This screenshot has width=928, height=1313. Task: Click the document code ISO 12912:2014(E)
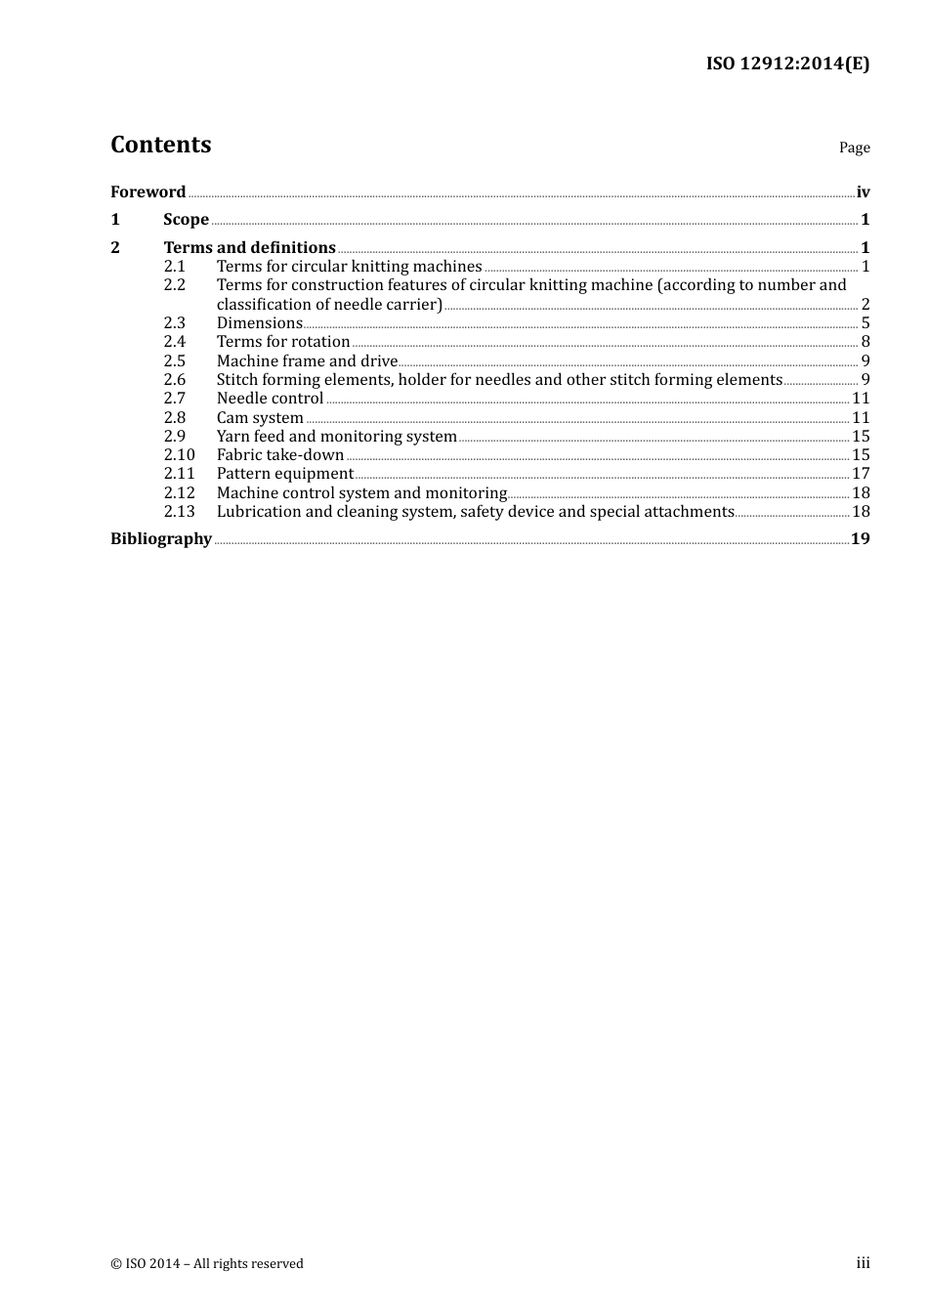[x=787, y=64]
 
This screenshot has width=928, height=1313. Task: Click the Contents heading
[x=160, y=145]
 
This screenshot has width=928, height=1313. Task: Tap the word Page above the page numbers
[x=854, y=148]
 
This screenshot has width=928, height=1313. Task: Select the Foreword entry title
[x=148, y=192]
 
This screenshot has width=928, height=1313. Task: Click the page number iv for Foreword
[x=863, y=192]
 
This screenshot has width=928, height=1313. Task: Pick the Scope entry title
[x=186, y=220]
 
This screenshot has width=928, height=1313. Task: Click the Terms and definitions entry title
[x=249, y=248]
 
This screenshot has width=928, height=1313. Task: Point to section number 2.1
[x=174, y=267]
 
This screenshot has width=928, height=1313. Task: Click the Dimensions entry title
[x=259, y=323]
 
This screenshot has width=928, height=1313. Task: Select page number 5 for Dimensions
[x=865, y=323]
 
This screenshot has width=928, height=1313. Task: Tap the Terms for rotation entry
[x=283, y=342]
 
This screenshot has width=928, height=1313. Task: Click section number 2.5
[x=174, y=361]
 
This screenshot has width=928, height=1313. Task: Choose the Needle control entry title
[x=270, y=399]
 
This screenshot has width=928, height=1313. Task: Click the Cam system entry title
[x=260, y=418]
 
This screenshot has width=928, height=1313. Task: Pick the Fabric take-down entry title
[x=280, y=455]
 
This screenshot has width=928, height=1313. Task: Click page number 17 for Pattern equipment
[x=861, y=474]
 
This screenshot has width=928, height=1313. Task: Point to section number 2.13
[x=179, y=512]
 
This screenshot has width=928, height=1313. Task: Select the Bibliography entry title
[x=161, y=539]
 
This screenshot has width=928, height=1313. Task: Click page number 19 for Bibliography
[x=860, y=539]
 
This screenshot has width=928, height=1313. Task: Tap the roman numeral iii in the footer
[x=863, y=1263]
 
